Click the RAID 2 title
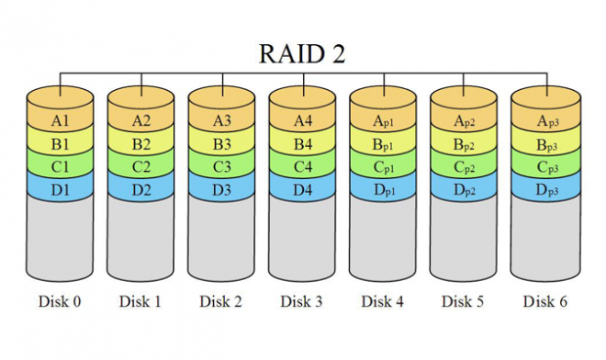tap(302, 53)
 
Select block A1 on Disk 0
tap(61, 120)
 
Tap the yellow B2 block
tap(141, 144)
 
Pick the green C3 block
tap(221, 167)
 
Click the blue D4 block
tap(302, 190)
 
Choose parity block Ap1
tap(383, 120)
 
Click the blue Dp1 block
tap(383, 190)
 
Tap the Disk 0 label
tap(61, 301)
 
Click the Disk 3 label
tap(302, 301)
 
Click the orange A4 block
tap(302, 120)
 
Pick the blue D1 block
tap(61, 190)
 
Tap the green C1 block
tap(61, 167)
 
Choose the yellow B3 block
tap(221, 144)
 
